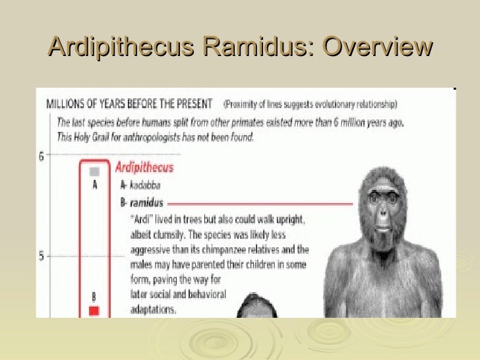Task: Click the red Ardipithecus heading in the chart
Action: [x=144, y=167]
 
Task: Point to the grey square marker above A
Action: [x=94, y=171]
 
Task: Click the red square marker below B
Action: [x=94, y=310]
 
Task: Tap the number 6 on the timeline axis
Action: [x=42, y=157]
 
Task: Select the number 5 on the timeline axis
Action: [x=42, y=256]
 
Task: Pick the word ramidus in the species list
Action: [x=146, y=202]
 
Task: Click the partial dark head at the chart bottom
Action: [x=254, y=309]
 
